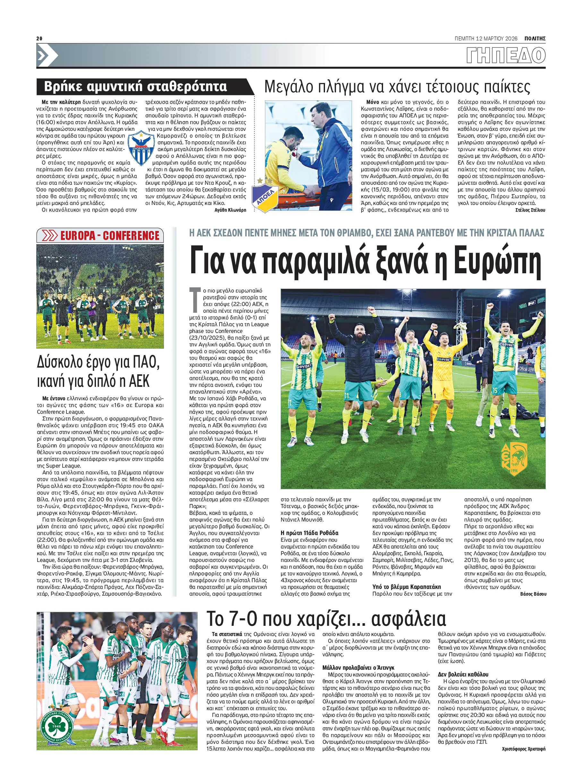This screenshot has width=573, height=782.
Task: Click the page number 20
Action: pyautogui.click(x=39, y=38)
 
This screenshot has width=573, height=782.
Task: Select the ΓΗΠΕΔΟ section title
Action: pyautogui.click(x=505, y=55)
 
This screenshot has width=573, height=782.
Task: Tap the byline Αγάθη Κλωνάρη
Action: pyautogui.click(x=230, y=210)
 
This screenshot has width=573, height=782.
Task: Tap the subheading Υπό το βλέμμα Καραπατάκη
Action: pyautogui.click(x=406, y=586)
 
